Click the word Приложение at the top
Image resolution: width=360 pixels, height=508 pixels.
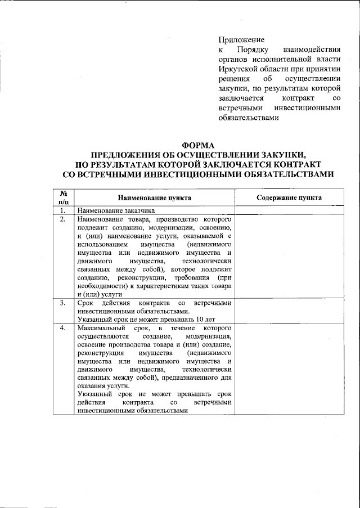241,41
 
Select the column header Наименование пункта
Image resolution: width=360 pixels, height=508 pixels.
154,198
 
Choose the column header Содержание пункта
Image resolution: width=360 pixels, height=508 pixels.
289,198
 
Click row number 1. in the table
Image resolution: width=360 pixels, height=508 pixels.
64,210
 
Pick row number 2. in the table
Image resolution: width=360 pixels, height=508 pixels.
64,218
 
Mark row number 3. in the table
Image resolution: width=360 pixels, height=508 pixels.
64,303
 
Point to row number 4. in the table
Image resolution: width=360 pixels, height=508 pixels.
64,327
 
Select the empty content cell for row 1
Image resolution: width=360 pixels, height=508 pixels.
289,210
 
